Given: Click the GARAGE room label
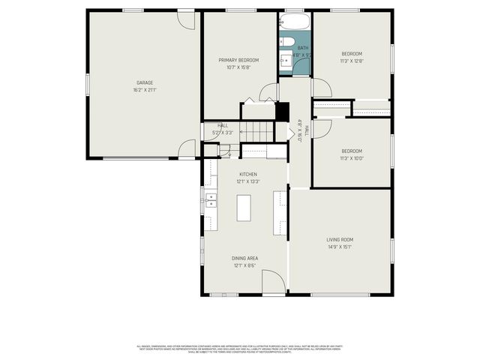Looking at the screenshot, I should [x=145, y=82].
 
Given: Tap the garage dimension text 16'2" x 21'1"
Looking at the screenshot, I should [x=145, y=90].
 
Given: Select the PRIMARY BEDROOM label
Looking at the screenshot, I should [x=238, y=60].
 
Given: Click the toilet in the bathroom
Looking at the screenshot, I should [x=286, y=40].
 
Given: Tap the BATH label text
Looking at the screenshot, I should [x=302, y=47].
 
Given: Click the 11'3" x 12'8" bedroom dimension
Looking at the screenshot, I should [x=352, y=61].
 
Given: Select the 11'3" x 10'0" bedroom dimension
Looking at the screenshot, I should [x=352, y=158].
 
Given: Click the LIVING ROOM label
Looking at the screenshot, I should [x=340, y=239].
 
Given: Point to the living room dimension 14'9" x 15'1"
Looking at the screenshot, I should [x=340, y=247].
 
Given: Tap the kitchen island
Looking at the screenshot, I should [x=243, y=207].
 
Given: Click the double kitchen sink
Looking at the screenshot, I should [x=211, y=199].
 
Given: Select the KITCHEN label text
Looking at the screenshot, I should [x=248, y=174].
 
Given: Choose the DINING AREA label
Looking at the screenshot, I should [x=246, y=258].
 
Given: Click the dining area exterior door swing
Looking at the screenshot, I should [x=274, y=281].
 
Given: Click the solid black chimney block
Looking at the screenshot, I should [x=283, y=111].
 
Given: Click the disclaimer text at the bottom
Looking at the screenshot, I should [x=240, y=349].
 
